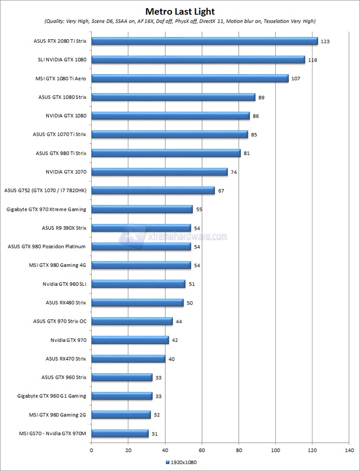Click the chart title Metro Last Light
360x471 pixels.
pos(180,11)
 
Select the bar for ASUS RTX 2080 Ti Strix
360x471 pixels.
pos(204,41)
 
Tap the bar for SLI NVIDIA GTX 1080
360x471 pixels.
pos(198,60)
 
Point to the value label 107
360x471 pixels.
pos(296,78)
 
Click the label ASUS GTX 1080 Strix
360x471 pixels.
pos(62,97)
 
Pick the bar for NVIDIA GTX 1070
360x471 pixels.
pos(159,172)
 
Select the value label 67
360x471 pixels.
pos(221,191)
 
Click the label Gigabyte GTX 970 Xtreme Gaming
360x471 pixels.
pos(46,209)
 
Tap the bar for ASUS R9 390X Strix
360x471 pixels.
pos(141,228)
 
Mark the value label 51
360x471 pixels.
pos(192,284)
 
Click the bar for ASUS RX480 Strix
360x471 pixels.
pos(137,303)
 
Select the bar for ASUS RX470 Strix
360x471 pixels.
pos(128,358)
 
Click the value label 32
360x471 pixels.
pos(157,415)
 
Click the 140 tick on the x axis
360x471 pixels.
pos(349,450)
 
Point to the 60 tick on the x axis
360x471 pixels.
pos(202,450)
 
